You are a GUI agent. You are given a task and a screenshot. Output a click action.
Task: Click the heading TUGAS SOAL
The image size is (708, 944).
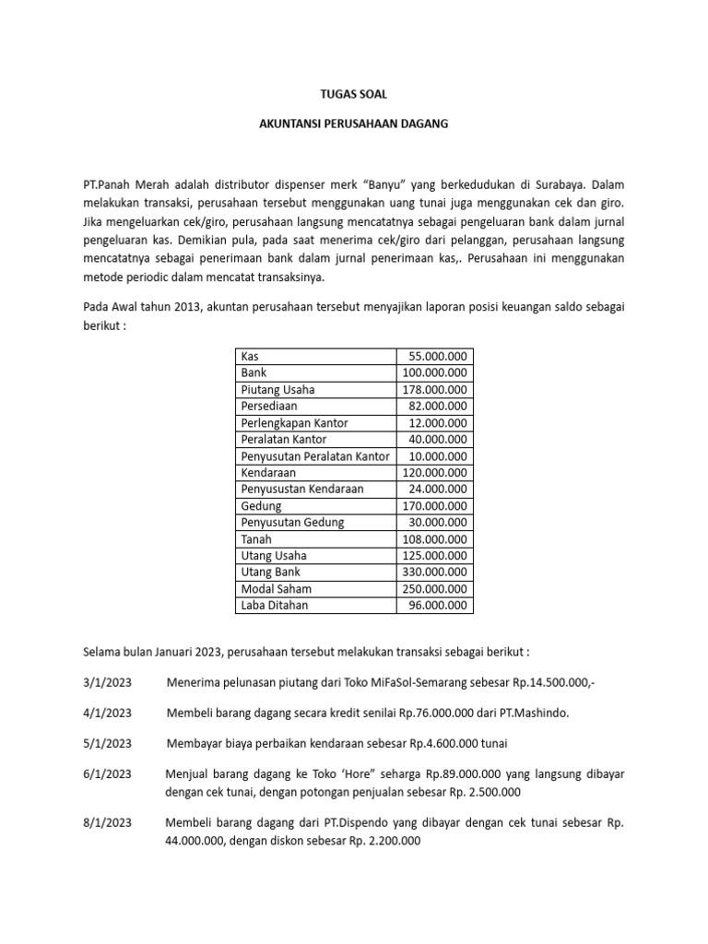tap(354, 94)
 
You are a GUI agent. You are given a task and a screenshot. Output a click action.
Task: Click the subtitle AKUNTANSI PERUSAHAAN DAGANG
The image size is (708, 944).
tap(354, 124)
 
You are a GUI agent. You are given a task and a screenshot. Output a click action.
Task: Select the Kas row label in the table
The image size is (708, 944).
tap(250, 356)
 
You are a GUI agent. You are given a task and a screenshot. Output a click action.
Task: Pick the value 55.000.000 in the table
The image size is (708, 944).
tap(437, 356)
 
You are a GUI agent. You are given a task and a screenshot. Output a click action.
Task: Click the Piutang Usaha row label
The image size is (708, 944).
tap(277, 389)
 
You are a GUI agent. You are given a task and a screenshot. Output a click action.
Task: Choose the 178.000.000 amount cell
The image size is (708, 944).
tap(435, 389)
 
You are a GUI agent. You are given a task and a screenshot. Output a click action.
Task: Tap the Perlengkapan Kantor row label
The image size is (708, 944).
tap(294, 422)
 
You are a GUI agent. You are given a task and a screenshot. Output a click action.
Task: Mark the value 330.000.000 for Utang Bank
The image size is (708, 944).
tap(435, 572)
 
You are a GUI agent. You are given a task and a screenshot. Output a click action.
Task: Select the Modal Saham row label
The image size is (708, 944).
tap(276, 589)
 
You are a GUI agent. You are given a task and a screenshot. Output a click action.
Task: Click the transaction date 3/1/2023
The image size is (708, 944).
tap(107, 682)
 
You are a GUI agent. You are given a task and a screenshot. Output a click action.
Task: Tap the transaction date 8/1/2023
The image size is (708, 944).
tap(107, 822)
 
